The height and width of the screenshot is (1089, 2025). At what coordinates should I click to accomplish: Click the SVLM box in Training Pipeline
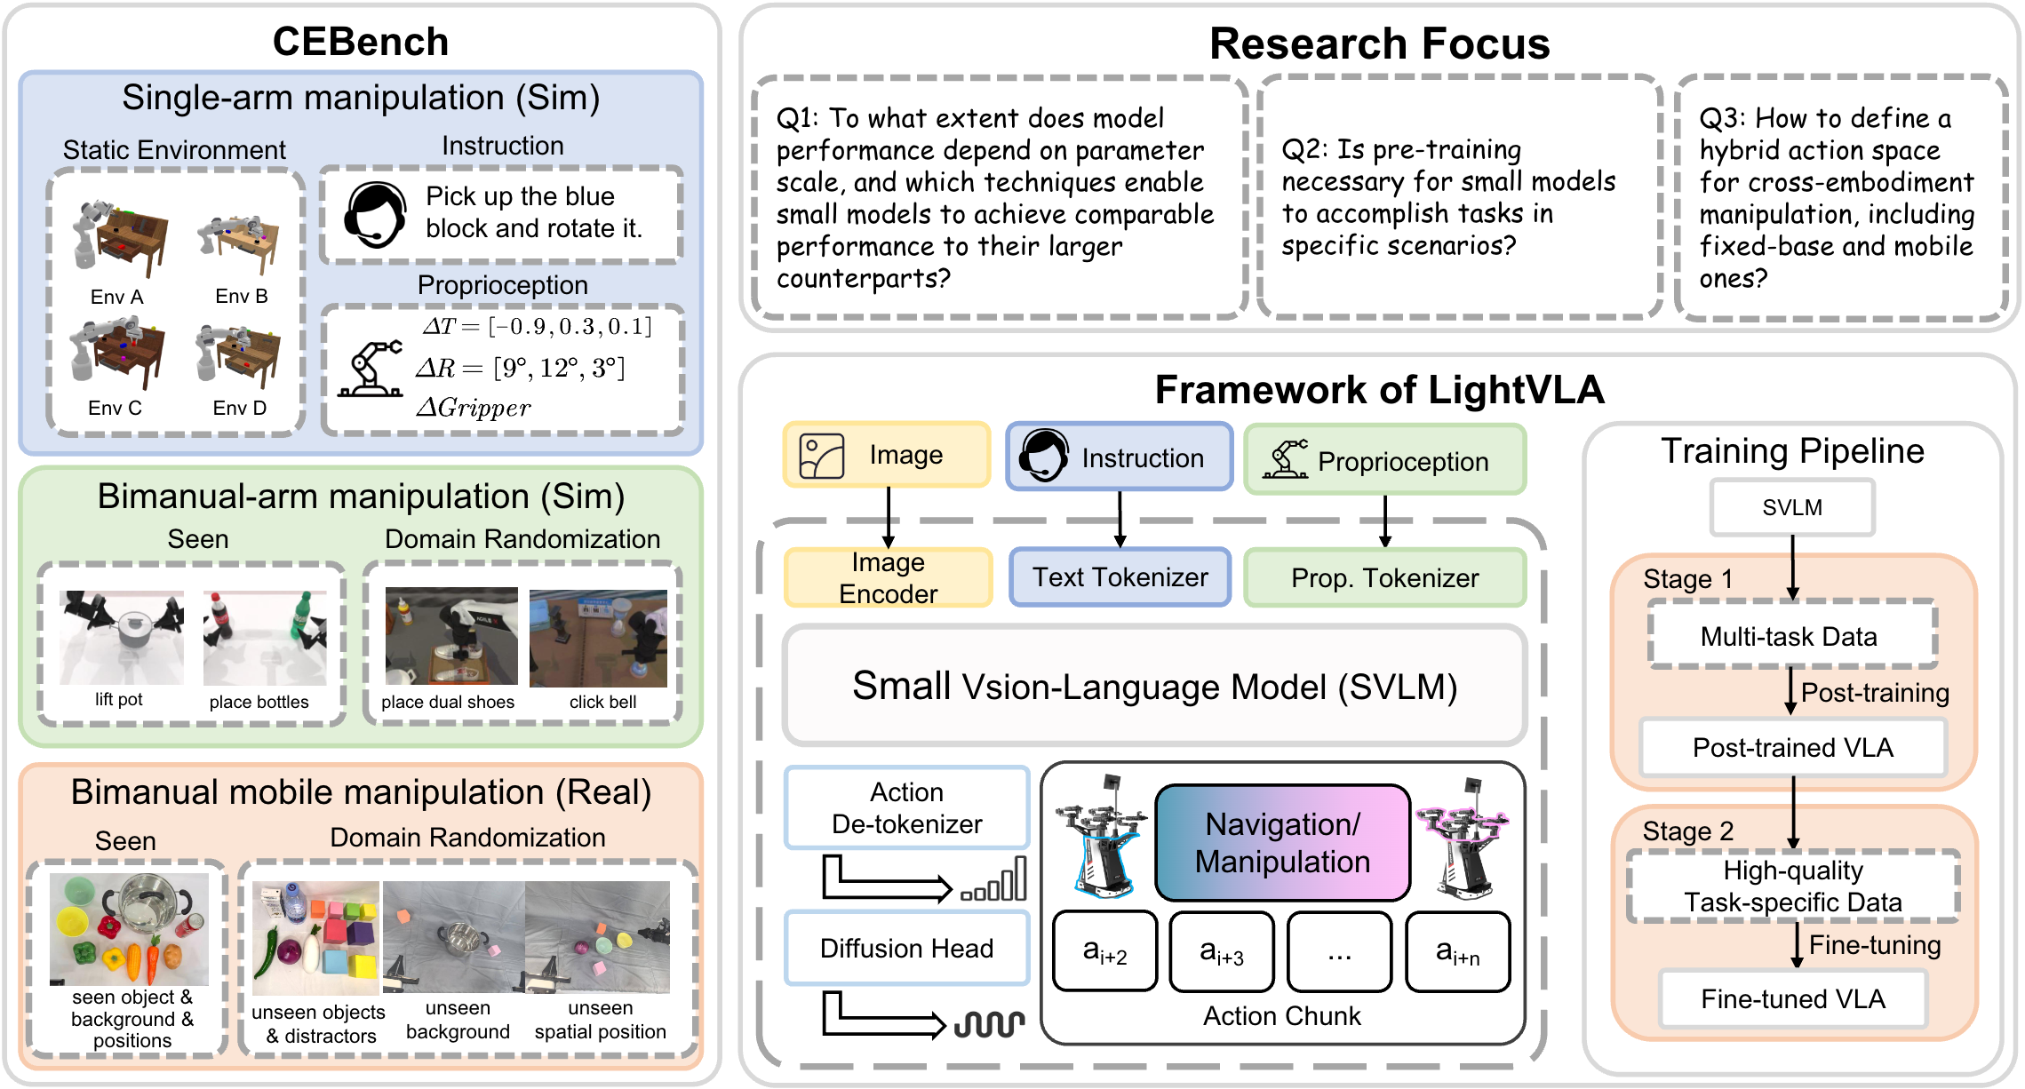tap(1792, 507)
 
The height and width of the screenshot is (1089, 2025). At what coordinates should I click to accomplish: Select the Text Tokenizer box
tap(1120, 577)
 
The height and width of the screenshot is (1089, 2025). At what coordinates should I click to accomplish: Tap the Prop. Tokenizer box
tap(1384, 578)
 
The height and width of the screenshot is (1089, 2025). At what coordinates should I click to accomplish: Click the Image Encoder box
tap(888, 577)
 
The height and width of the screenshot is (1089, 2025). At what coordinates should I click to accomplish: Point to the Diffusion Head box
tap(906, 948)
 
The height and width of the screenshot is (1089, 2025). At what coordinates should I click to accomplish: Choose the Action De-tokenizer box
tap(906, 807)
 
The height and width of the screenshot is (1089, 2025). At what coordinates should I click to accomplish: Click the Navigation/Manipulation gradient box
tap(1282, 842)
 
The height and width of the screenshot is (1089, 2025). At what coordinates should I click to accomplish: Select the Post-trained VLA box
tap(1792, 747)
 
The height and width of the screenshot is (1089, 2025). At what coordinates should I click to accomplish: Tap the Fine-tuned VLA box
tap(1792, 998)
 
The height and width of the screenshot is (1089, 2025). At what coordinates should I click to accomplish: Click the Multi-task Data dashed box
tap(1792, 635)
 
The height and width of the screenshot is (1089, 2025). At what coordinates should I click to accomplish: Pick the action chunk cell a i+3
tap(1222, 951)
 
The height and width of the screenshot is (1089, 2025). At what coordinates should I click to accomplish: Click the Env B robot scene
tap(240, 244)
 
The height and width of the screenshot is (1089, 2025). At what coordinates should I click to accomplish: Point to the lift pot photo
tap(122, 637)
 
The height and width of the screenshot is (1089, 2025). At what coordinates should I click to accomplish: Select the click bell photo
tap(598, 638)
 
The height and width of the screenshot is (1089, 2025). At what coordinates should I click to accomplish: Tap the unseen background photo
tap(454, 936)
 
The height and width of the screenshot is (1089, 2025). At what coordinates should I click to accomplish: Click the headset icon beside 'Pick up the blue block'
tap(376, 215)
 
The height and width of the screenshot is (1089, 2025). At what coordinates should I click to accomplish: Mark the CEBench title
tap(361, 42)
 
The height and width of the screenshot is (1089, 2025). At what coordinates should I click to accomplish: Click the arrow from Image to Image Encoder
tap(889, 517)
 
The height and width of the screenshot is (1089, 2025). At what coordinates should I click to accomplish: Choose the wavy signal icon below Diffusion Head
tap(989, 1024)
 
